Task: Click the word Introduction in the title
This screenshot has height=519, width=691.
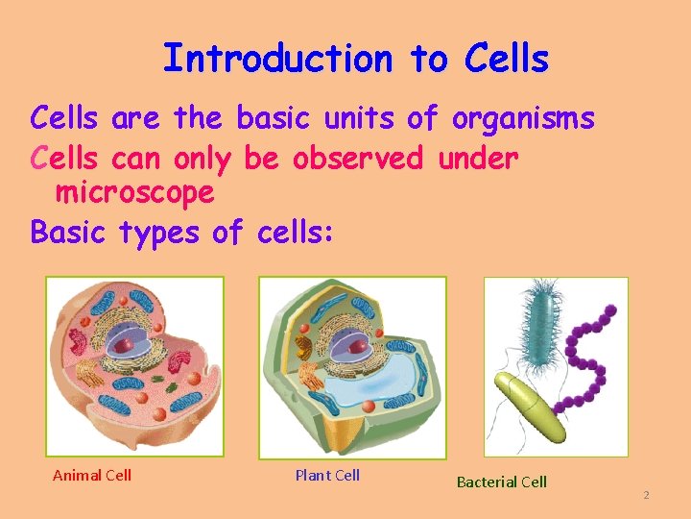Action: (277, 59)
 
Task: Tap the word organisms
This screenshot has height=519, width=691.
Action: (523, 119)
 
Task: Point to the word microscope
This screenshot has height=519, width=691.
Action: (134, 193)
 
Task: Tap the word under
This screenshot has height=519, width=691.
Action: (478, 158)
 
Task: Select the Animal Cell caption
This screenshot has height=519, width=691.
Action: (92, 475)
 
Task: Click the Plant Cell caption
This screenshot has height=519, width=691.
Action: (327, 475)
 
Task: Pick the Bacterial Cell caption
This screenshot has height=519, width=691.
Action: (501, 482)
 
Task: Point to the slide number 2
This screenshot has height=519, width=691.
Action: (646, 495)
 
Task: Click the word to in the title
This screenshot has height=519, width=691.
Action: (428, 59)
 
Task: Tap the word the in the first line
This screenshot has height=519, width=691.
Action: (198, 119)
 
